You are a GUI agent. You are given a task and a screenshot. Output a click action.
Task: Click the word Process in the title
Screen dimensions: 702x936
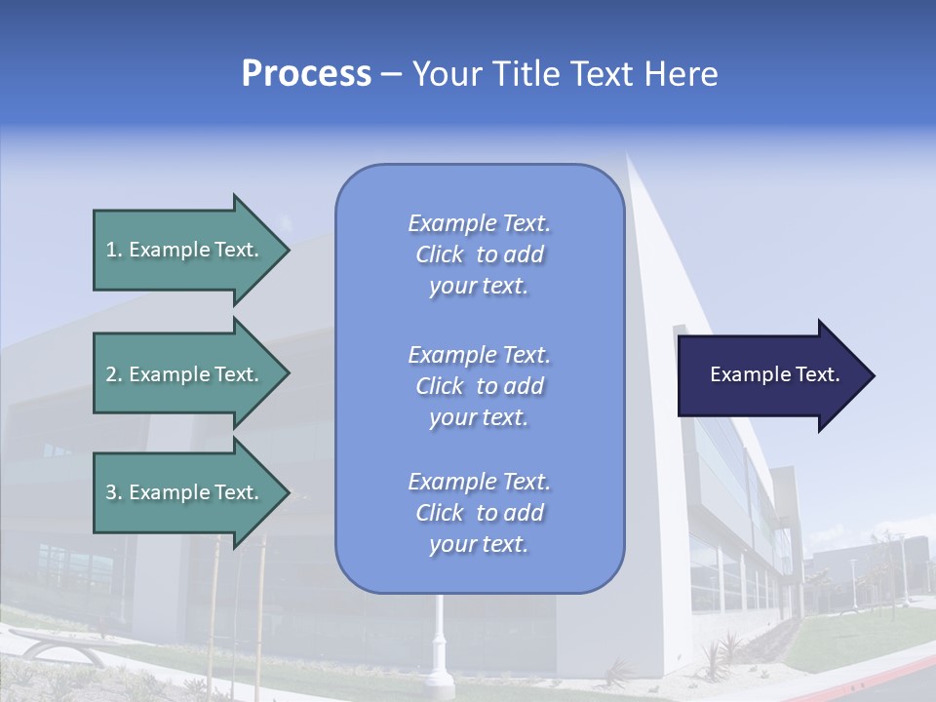point(306,74)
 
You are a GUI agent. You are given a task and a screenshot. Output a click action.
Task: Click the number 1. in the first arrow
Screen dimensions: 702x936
point(113,250)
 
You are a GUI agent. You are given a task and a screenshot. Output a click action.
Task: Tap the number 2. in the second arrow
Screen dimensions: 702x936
point(113,374)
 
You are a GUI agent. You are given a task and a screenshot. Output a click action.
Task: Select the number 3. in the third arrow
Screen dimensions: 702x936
point(113,492)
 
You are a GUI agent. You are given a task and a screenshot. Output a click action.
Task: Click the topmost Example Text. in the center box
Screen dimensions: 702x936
point(479,223)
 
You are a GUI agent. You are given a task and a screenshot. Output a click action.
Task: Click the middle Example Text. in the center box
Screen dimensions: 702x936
point(479,355)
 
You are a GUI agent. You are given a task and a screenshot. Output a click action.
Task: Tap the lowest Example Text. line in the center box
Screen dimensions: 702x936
point(479,482)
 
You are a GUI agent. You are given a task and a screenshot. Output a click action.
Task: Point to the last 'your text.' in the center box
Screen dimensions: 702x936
point(479,545)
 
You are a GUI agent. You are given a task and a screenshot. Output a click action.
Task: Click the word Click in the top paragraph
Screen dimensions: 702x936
point(439,254)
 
